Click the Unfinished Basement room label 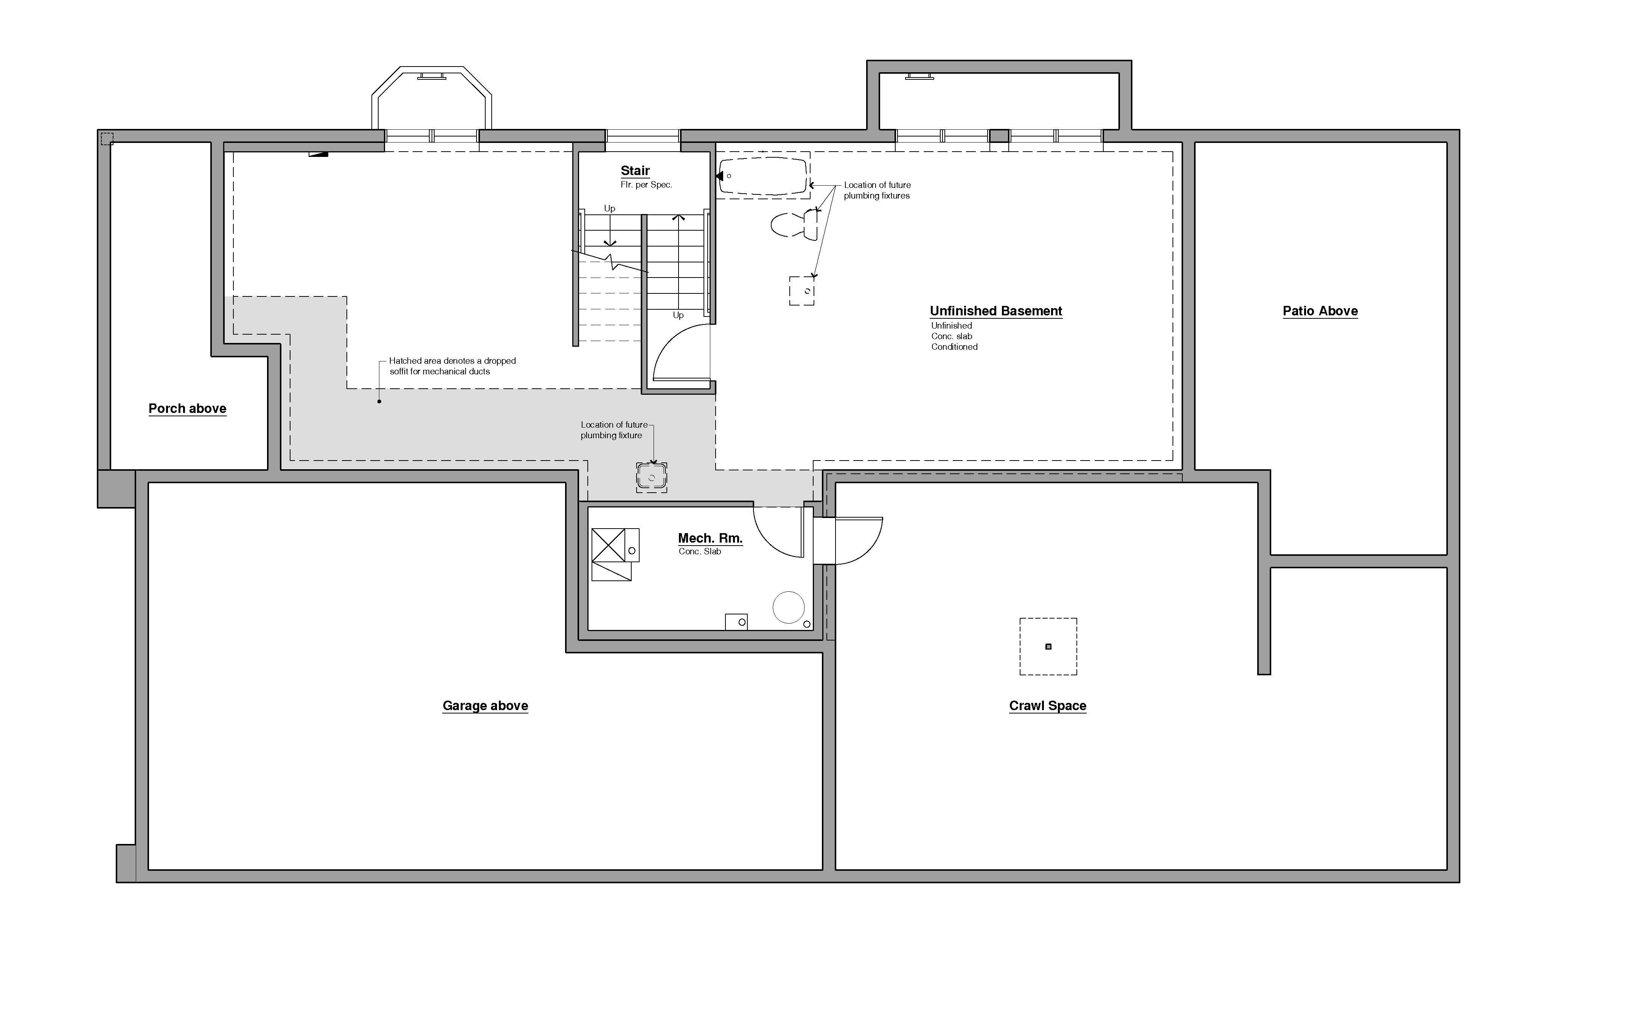pyautogui.click(x=996, y=311)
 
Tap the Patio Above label pyautogui.click(x=1320, y=311)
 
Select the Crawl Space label pyautogui.click(x=1047, y=706)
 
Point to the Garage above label pyautogui.click(x=485, y=706)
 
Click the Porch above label pyautogui.click(x=187, y=409)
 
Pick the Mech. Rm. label pyautogui.click(x=710, y=538)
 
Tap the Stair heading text pyautogui.click(x=635, y=171)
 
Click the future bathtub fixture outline pyautogui.click(x=763, y=176)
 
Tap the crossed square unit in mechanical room pyautogui.click(x=608, y=545)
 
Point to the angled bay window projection pyautogui.click(x=431, y=99)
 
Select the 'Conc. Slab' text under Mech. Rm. pyautogui.click(x=699, y=552)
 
